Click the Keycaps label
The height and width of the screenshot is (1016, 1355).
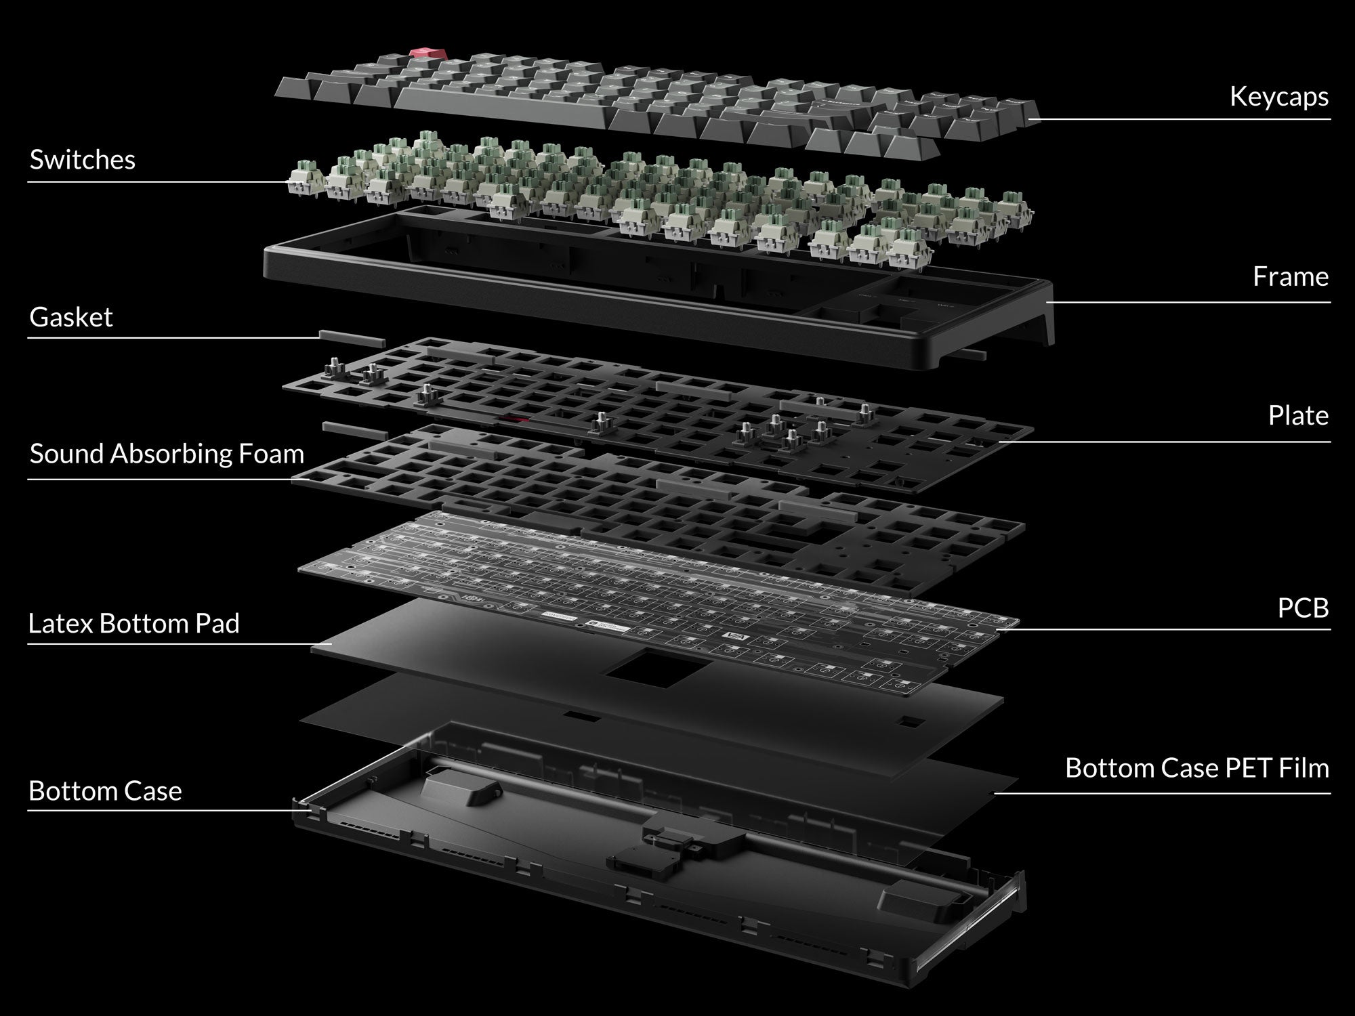(x=1279, y=97)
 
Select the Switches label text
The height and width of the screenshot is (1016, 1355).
(x=82, y=160)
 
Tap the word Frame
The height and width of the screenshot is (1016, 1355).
(x=1291, y=276)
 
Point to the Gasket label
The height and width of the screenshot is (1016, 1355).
(x=71, y=317)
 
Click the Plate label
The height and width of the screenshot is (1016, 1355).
(x=1298, y=415)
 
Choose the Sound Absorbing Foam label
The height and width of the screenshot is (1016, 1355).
(x=167, y=454)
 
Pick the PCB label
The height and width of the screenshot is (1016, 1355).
(x=1303, y=608)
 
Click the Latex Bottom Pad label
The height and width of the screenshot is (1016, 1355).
(x=134, y=623)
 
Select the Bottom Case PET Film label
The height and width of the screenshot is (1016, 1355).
(x=1197, y=768)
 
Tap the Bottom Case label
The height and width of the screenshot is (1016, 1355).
(x=105, y=791)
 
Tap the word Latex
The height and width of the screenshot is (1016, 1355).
(x=60, y=623)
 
